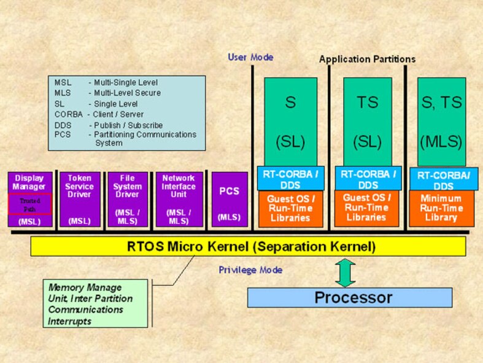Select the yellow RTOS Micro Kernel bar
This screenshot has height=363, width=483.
pos(248,247)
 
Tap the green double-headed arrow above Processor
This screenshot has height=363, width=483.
pos(346,272)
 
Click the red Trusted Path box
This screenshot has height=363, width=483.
pos(29,205)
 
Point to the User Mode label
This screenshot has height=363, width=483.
pos(250,57)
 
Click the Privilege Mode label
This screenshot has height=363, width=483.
pos(250,270)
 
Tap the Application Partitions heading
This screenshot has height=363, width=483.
pos(367,60)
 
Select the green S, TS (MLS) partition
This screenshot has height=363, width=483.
pos(441,122)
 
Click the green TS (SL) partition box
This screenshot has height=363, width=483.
pos(368,122)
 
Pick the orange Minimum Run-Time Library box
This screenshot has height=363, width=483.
pos(441,208)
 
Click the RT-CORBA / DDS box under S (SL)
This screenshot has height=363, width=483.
pos(290,179)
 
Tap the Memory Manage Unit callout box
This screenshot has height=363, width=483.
pos(96,303)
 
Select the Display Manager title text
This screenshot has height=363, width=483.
pos(29,182)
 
